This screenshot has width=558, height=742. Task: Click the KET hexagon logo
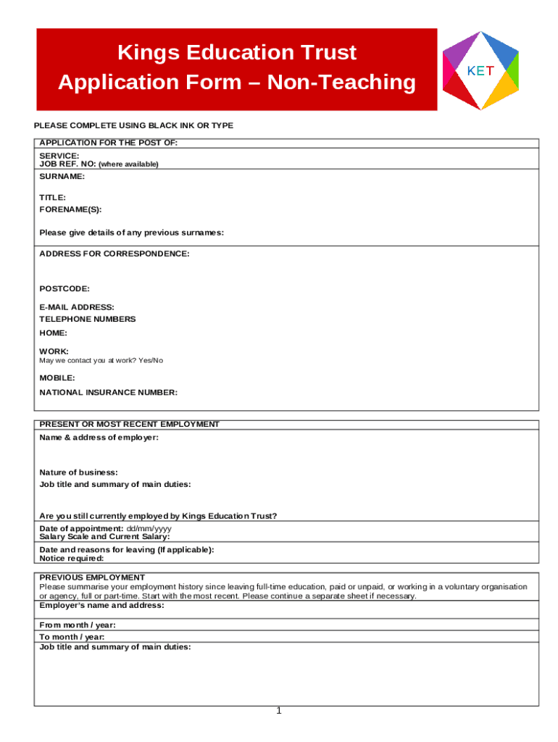480,70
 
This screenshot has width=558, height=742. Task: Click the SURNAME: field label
62,177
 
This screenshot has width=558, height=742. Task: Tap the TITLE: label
53,198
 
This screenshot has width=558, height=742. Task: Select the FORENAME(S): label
70,209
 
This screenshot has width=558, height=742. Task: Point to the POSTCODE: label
64,289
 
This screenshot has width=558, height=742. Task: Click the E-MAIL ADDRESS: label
77,307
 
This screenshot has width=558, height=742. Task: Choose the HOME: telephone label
54,333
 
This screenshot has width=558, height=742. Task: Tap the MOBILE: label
57,378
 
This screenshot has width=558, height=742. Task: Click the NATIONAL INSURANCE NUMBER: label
108,393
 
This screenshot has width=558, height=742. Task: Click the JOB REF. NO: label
67,164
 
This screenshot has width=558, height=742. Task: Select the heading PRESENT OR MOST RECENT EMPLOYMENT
129,425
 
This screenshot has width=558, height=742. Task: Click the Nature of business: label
78,472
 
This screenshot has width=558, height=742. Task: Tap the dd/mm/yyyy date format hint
149,528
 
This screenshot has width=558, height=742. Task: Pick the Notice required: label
72,559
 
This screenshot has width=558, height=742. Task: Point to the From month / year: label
78,625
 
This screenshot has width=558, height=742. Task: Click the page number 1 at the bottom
278,711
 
